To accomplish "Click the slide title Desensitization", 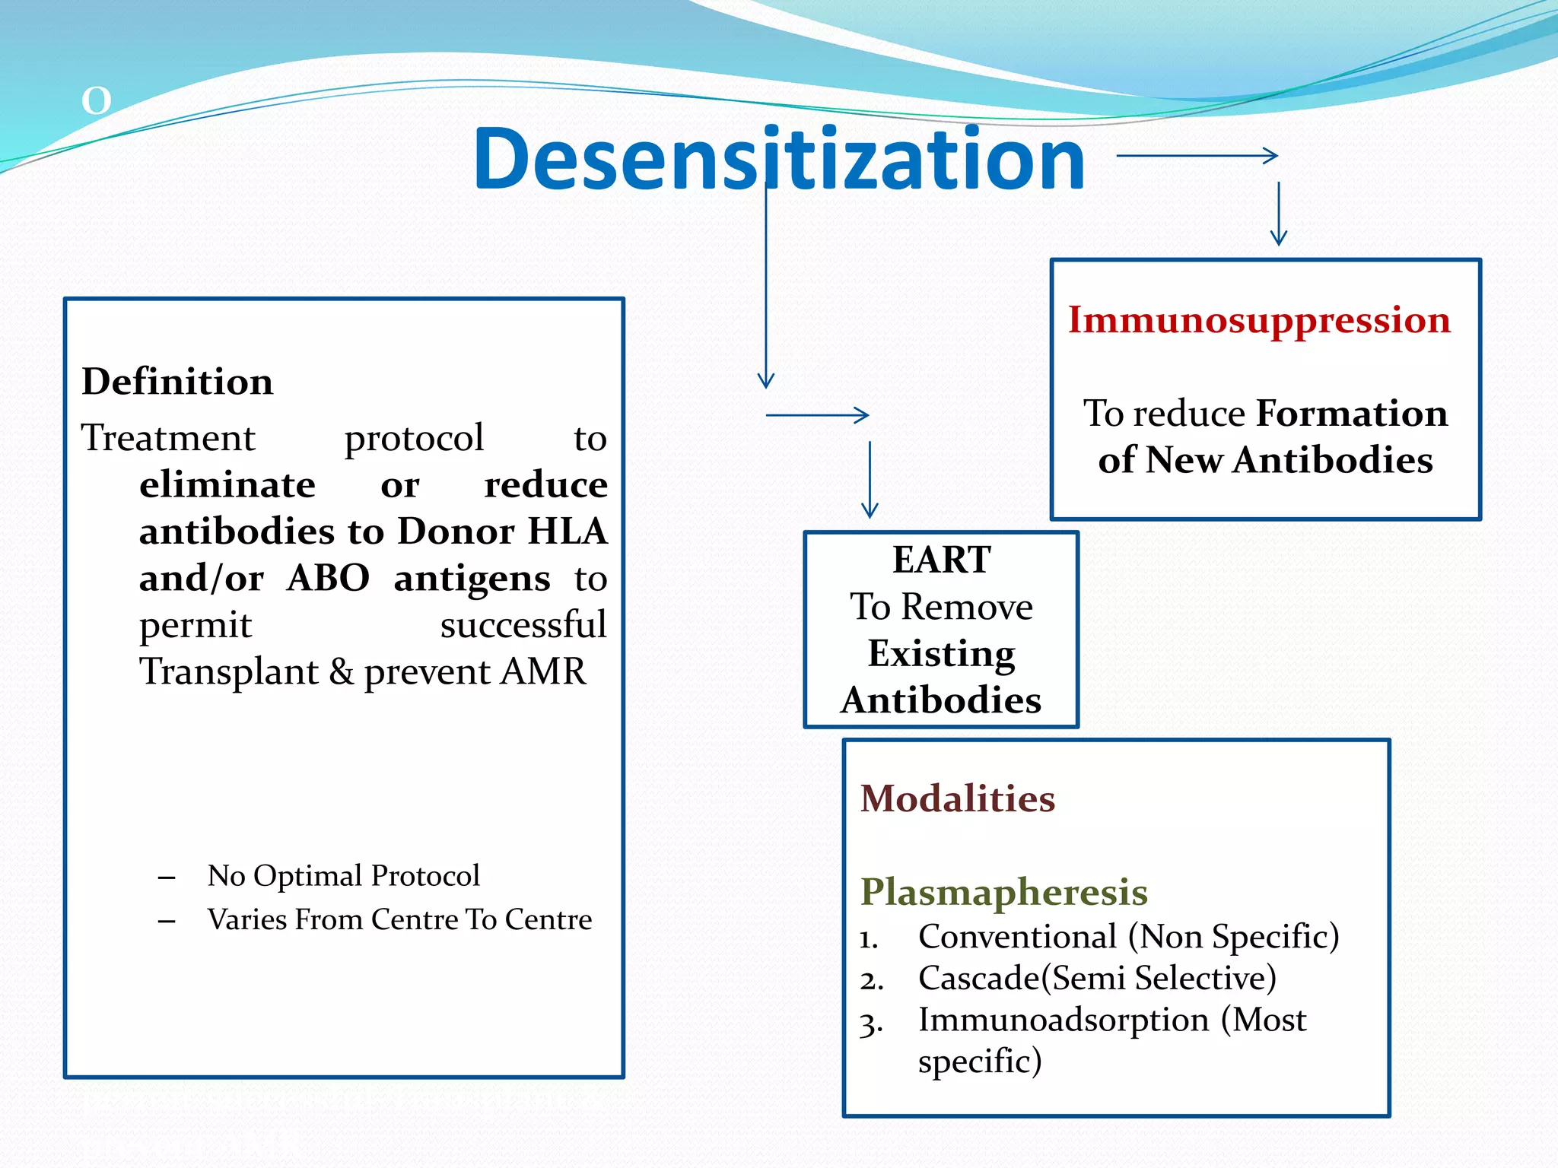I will pos(778,160).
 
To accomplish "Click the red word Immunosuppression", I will pos(1259,320).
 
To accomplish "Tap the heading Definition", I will pos(177,382).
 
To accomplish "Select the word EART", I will pos(941,560).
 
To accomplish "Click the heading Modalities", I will pos(957,798).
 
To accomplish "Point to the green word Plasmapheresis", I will pos(1003,892).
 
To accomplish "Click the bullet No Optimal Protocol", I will pos(343,876).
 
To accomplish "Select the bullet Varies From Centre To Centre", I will pos(399,920).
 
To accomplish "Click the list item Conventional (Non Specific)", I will pos(1128,937).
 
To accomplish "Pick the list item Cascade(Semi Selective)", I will pos(1096,979).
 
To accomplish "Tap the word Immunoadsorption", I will pos(1063,1020).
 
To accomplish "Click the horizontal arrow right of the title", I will pos(1197,156).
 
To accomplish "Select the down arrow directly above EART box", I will pos(870,479).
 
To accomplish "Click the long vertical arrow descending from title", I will pos(766,289).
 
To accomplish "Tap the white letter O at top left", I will pos(97,101).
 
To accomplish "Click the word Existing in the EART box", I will pos(941,654).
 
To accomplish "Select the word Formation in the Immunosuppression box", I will pos(1351,414).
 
